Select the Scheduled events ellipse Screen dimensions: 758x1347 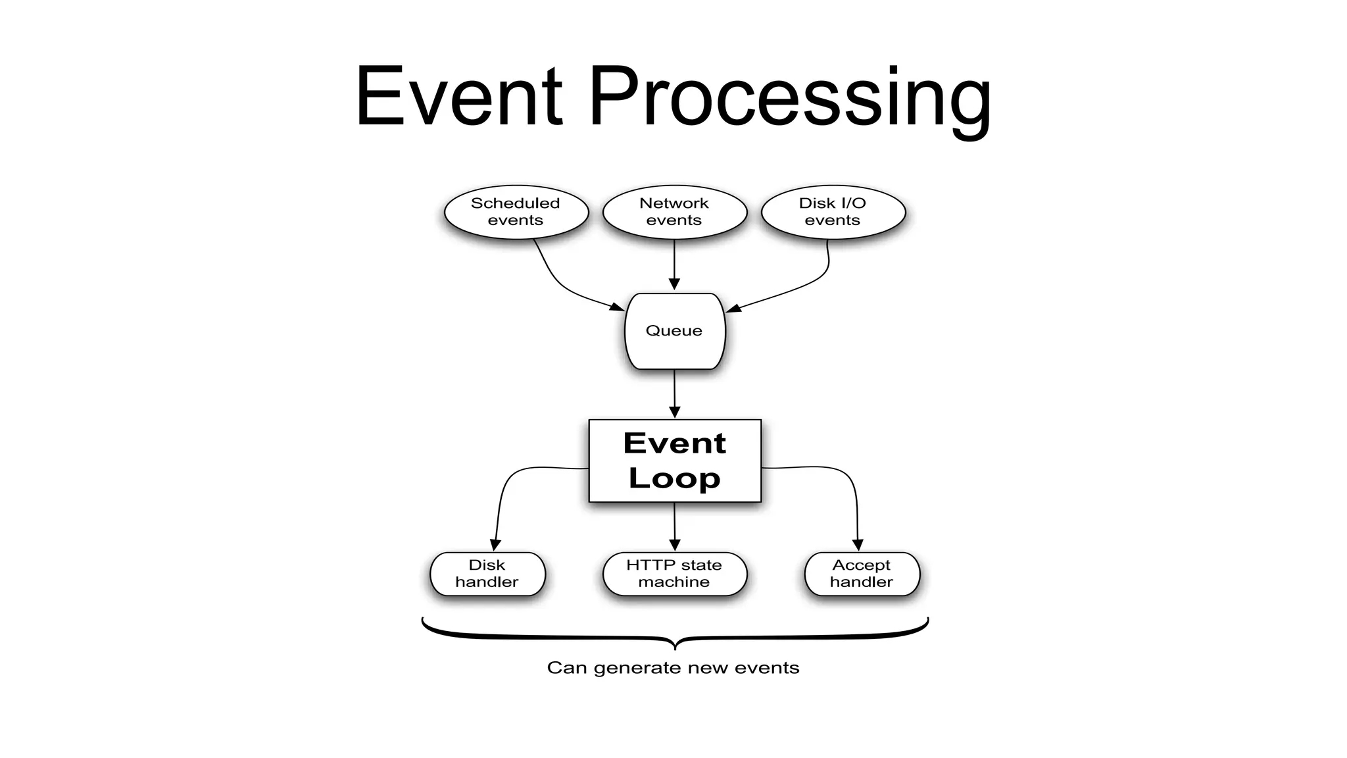click(516, 212)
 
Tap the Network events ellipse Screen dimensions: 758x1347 click(674, 212)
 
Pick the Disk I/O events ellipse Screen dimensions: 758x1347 click(833, 212)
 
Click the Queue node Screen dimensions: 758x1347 click(674, 331)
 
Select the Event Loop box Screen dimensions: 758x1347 click(674, 461)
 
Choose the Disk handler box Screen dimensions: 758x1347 click(487, 574)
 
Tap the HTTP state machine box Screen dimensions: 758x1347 click(674, 574)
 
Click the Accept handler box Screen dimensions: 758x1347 click(862, 574)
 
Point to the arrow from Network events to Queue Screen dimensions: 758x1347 click(674, 263)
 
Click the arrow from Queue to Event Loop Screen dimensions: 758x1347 click(674, 393)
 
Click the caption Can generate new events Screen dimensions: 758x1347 click(673, 668)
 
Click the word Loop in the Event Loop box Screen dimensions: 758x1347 click(674, 478)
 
